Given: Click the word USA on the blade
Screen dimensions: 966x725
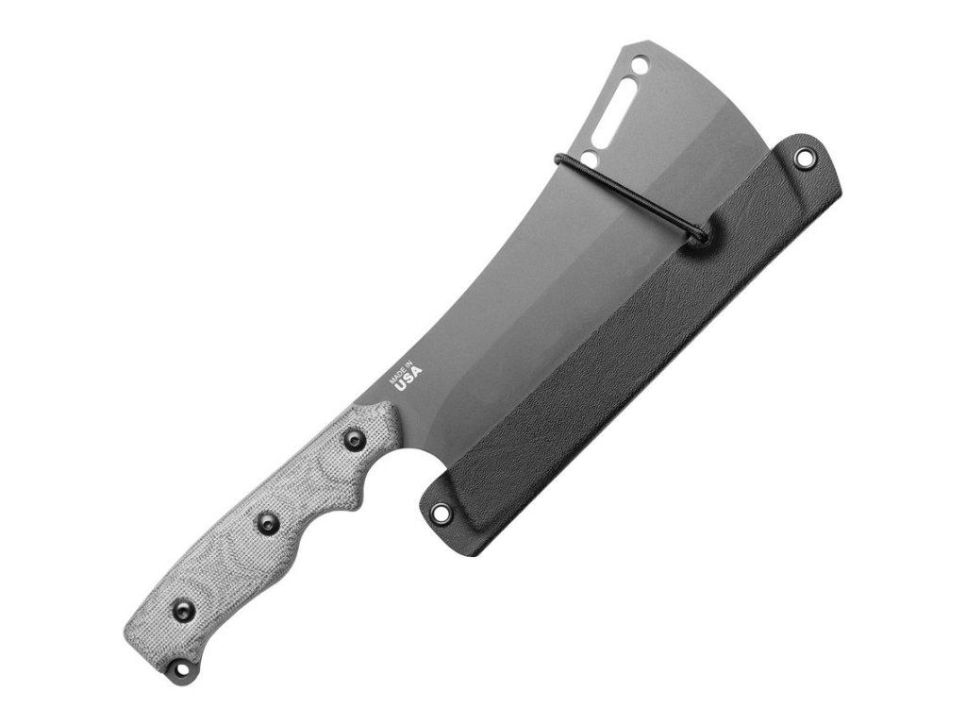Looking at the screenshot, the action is point(409,377).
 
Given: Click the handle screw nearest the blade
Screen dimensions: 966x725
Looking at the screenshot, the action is point(356,440).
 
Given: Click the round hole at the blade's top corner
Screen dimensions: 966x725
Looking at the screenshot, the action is point(641,63).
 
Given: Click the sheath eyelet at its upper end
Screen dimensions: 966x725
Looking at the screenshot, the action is point(803,159).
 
